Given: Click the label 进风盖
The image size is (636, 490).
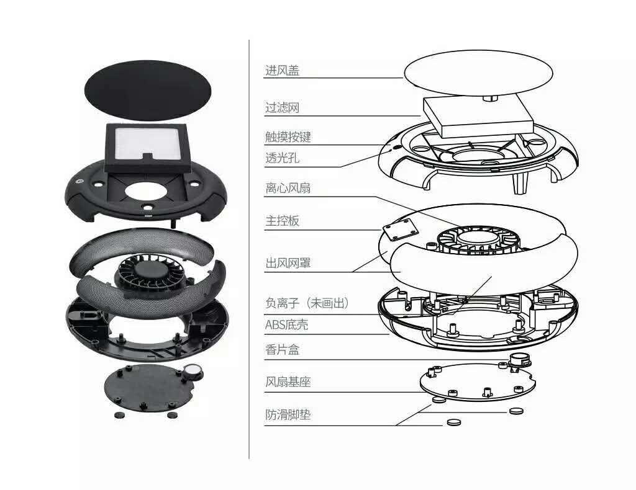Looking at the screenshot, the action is [x=283, y=71].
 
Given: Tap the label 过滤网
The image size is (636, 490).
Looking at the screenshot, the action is [x=283, y=108].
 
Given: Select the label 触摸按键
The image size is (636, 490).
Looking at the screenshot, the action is [x=288, y=137].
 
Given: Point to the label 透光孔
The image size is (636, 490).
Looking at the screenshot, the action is [x=283, y=158].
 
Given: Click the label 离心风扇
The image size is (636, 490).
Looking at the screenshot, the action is [x=288, y=188].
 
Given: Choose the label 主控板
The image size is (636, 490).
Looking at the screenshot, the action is [x=283, y=221].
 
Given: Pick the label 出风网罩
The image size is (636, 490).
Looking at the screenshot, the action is [x=288, y=263].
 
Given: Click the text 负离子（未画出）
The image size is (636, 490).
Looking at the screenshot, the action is [x=307, y=303].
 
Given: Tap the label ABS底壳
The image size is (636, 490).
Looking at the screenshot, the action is [x=286, y=325].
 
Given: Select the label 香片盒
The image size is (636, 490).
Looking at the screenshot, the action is [x=283, y=349].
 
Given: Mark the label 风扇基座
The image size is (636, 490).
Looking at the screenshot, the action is [x=288, y=382].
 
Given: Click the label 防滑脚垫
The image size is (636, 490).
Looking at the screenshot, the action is [x=288, y=415].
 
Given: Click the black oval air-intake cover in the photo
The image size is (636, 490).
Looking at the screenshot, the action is [x=148, y=90].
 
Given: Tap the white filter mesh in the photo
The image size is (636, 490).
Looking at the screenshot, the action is [x=147, y=144].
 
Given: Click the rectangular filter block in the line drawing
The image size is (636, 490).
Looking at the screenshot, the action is [x=478, y=117].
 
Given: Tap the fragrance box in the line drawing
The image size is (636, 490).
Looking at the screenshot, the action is [x=519, y=360].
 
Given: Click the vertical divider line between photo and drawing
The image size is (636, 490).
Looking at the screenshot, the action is [x=249, y=249].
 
